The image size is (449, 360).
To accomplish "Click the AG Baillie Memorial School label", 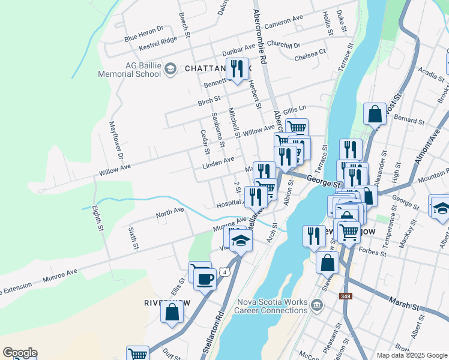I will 130,69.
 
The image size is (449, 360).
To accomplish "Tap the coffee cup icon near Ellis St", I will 205,278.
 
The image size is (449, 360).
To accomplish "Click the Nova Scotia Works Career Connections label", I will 273,306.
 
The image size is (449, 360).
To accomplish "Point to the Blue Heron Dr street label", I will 144,34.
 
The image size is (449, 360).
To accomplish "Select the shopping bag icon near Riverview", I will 172,312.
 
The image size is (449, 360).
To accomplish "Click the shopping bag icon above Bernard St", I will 375,113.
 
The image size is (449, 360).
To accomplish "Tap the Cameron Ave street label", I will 284,23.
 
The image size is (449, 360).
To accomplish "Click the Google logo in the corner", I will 19,353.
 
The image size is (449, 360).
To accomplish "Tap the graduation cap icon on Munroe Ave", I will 240,240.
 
